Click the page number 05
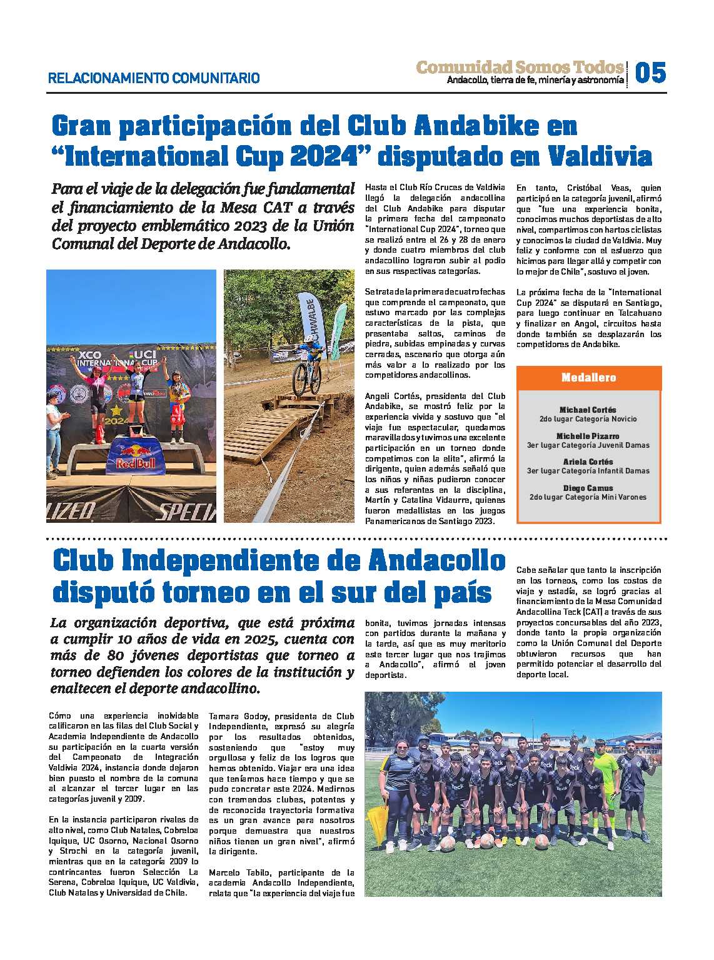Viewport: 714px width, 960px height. click(650, 73)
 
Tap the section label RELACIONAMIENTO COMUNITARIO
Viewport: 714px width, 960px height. click(154, 78)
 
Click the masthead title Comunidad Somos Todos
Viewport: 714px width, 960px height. click(520, 67)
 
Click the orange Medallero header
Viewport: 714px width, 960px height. click(588, 378)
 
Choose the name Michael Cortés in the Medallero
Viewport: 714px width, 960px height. click(588, 410)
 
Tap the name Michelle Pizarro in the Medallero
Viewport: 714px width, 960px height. click(588, 436)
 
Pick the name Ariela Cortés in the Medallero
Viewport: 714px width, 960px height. click(588, 462)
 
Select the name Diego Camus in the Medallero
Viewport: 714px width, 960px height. click(588, 488)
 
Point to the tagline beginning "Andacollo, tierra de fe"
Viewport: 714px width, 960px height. click(535, 81)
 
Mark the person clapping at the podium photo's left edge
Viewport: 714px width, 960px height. click(55, 425)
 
